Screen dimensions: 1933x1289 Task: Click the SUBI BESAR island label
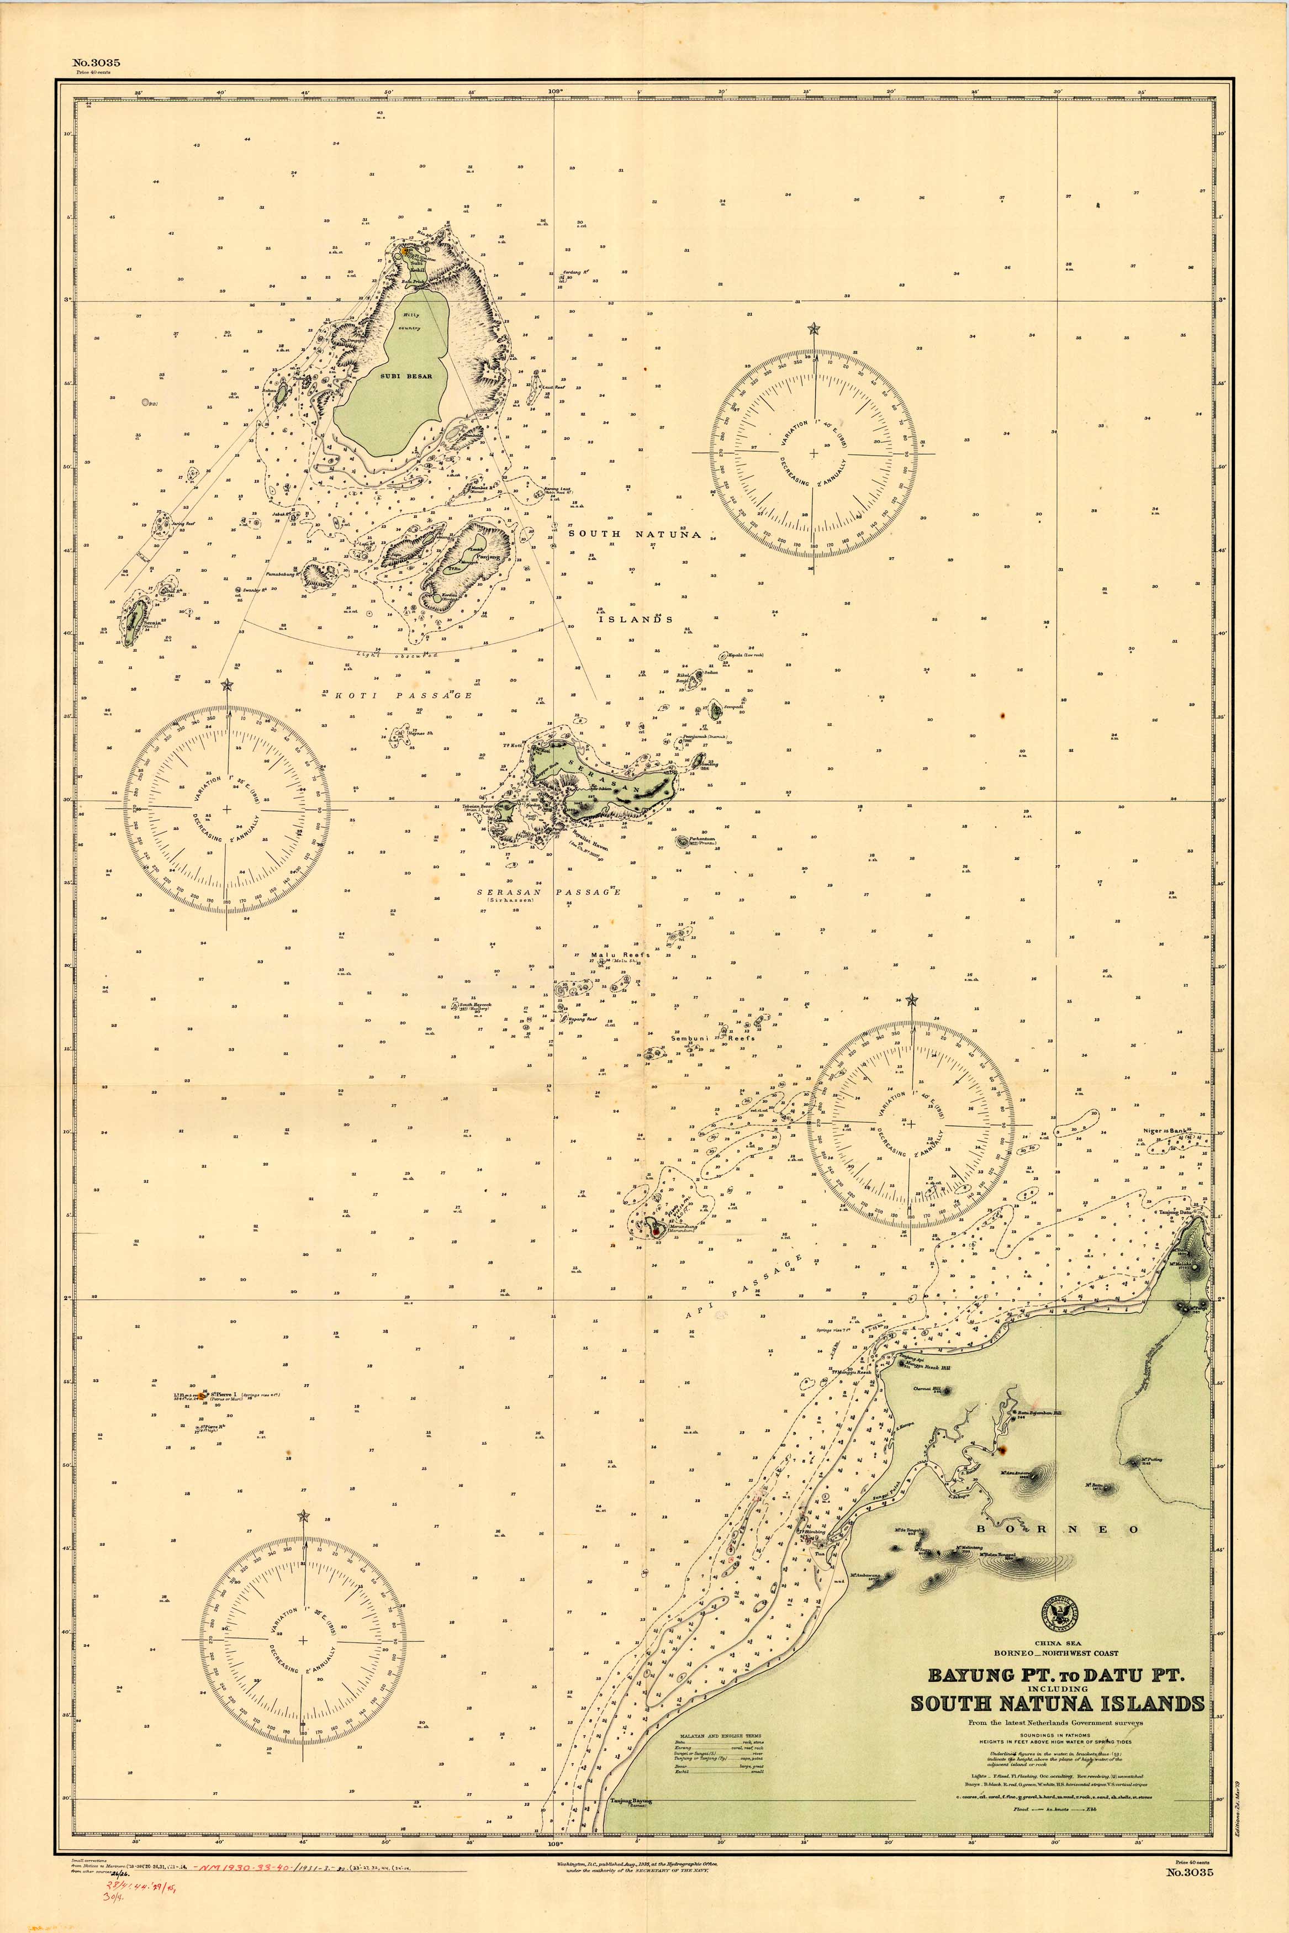tap(406, 377)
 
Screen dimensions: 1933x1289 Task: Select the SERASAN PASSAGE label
tap(549, 892)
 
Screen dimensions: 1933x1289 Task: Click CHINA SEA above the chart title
tap(1056, 1643)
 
